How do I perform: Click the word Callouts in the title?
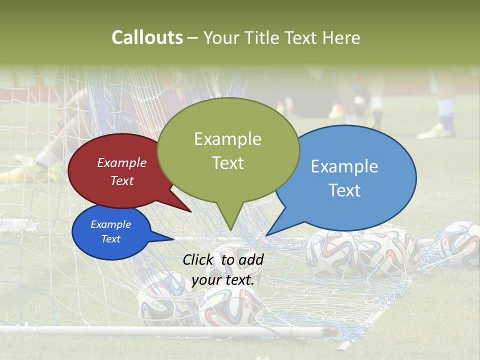point(147,37)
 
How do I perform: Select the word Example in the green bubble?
point(227,139)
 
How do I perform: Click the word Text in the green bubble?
point(227,163)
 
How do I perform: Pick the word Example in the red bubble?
point(122,162)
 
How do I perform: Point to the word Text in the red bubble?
point(122,180)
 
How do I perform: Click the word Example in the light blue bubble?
point(344,166)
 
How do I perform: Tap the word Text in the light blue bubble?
point(344,190)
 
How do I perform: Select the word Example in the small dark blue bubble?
point(110,224)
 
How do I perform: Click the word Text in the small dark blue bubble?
point(110,239)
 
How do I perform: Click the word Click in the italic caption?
point(198,259)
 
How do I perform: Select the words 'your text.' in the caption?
point(223,280)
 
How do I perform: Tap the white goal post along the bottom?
point(150,330)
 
